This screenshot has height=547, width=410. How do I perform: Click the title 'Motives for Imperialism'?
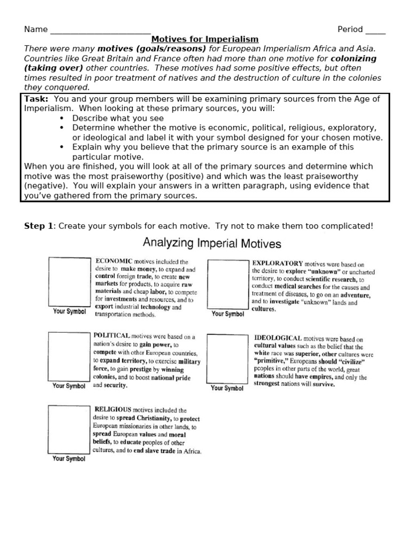[205, 39]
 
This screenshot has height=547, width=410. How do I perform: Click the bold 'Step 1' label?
[38, 226]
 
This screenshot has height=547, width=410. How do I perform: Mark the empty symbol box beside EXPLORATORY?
[228, 284]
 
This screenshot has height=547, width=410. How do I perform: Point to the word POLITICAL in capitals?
[112, 335]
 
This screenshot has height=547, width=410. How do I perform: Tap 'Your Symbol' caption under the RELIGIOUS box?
[69, 459]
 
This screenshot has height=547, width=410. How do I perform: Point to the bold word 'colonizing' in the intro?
[353, 58]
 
